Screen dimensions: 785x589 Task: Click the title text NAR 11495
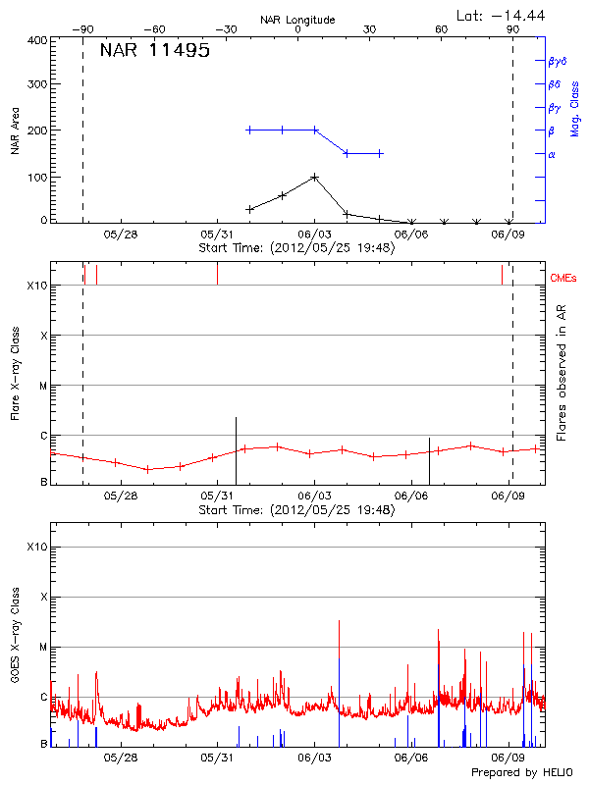[x=154, y=52]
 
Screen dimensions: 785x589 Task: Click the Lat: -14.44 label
[x=502, y=15]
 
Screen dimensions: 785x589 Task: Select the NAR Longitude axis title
[x=297, y=20]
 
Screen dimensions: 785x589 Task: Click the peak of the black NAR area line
[x=314, y=177]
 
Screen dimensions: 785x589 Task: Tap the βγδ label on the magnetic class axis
[x=558, y=61]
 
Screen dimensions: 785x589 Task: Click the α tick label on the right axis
[x=552, y=154]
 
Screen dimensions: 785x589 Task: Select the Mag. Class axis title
[x=575, y=108]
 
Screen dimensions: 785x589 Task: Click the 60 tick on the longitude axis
[x=441, y=30]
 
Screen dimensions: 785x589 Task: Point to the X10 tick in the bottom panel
[x=38, y=547]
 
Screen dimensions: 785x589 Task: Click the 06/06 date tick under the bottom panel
[x=411, y=758]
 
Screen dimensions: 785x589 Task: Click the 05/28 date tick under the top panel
[x=121, y=235]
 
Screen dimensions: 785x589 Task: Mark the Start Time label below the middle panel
[x=296, y=510]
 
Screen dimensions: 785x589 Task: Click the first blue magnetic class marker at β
[x=249, y=130]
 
